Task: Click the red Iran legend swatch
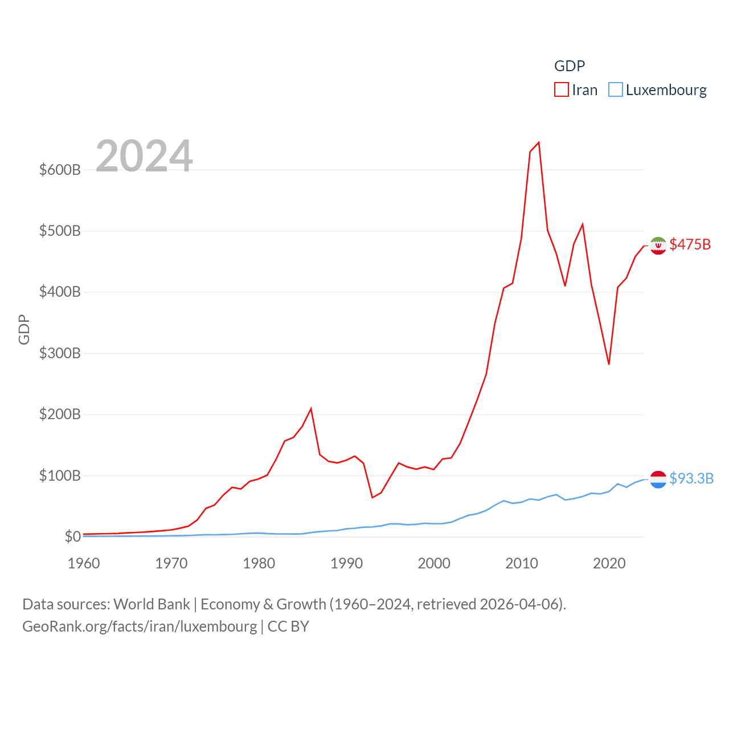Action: click(x=561, y=90)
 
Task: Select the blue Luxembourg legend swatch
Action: click(x=616, y=90)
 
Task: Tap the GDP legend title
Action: click(x=570, y=66)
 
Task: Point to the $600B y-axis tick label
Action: click(x=60, y=170)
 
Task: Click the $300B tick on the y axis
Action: click(x=60, y=353)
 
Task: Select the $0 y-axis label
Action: click(x=72, y=536)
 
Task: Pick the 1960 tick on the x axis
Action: click(x=84, y=563)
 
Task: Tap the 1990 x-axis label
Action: click(x=346, y=563)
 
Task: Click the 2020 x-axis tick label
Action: click(x=609, y=563)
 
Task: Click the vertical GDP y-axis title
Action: click(x=24, y=329)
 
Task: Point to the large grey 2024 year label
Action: click(x=144, y=156)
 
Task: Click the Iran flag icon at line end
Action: click(x=658, y=245)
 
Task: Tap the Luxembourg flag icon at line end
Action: click(x=658, y=480)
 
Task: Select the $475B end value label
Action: click(x=690, y=244)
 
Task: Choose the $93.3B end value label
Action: click(x=691, y=478)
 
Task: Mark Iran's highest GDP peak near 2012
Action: click(x=539, y=142)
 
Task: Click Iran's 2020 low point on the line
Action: click(x=609, y=364)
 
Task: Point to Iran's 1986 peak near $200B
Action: click(x=311, y=408)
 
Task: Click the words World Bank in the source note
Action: click(x=151, y=604)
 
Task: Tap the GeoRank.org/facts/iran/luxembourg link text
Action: click(x=140, y=626)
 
